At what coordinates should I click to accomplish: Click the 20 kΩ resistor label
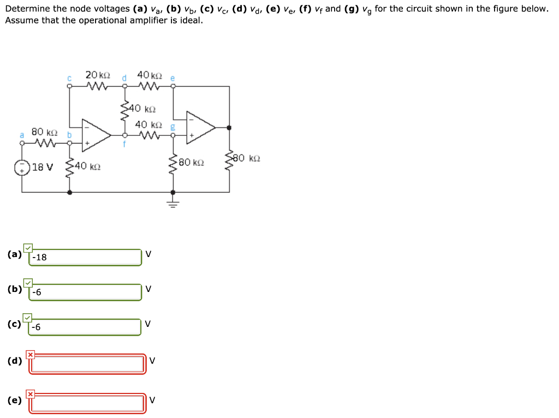(x=98, y=75)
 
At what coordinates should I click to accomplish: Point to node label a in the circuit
(x=22, y=134)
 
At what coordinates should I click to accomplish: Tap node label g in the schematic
(x=173, y=126)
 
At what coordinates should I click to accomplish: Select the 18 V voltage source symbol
(x=22, y=166)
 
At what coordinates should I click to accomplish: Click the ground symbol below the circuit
(x=173, y=205)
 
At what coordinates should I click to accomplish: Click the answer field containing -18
(x=86, y=257)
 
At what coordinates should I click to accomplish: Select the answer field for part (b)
(x=86, y=292)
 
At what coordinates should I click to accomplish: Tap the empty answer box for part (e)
(x=87, y=403)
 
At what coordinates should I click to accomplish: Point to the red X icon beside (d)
(x=31, y=355)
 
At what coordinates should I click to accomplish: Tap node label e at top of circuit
(x=173, y=77)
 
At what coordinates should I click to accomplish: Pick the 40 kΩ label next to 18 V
(x=88, y=165)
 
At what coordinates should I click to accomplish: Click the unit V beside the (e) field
(x=152, y=400)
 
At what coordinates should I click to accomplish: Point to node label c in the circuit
(x=69, y=77)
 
